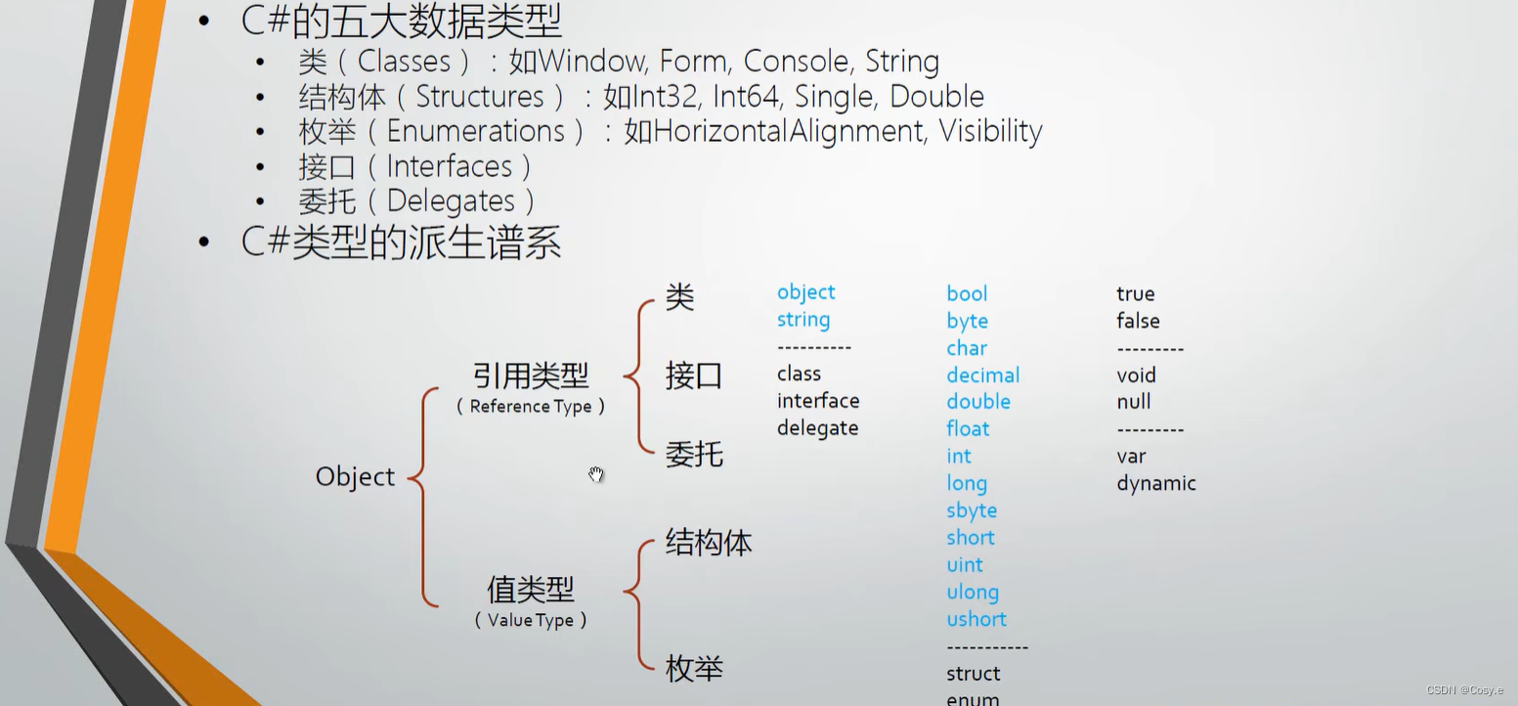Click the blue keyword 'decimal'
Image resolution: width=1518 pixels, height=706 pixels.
(982, 375)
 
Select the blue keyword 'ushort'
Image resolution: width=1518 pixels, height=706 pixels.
(976, 619)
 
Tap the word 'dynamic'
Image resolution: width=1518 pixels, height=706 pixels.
(1155, 483)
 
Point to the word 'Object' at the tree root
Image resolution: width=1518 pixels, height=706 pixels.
(355, 477)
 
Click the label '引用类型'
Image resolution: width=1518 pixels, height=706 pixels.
(531, 375)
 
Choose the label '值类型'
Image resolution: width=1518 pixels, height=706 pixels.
(531, 590)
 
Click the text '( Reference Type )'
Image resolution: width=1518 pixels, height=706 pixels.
(531, 406)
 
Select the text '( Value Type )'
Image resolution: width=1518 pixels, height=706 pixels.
(531, 620)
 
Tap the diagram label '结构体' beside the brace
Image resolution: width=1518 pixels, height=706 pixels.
(709, 543)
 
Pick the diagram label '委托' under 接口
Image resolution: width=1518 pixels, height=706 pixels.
(694, 455)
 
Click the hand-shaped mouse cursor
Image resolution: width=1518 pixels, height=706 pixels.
(596, 474)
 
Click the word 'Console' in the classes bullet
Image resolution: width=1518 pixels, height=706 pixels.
(795, 62)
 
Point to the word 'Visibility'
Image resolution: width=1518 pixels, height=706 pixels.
(990, 131)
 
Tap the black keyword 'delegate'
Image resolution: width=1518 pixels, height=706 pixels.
(817, 428)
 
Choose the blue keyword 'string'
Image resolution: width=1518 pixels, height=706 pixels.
(802, 320)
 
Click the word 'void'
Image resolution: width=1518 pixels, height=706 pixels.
(1136, 375)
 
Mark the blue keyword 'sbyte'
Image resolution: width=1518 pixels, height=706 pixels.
(971, 510)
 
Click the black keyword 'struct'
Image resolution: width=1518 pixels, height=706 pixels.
(973, 674)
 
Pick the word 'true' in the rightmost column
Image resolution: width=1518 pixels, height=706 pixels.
(1135, 293)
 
